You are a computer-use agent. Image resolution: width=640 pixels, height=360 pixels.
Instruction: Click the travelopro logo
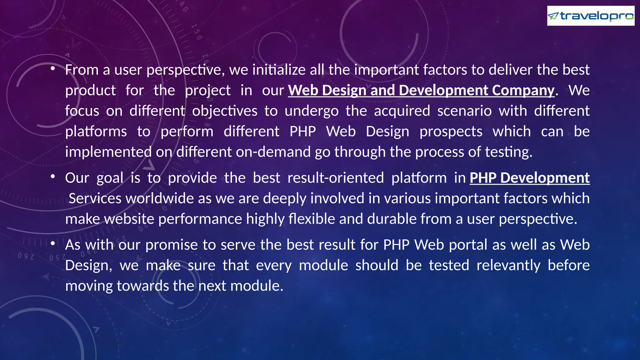(x=591, y=16)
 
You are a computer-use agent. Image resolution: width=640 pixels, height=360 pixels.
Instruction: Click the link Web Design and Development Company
(x=421, y=90)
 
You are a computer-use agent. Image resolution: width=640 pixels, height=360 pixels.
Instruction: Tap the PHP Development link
(x=529, y=178)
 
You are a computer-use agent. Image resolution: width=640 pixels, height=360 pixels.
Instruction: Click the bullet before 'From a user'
(x=53, y=68)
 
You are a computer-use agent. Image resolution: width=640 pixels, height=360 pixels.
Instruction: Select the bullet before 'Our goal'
(x=53, y=177)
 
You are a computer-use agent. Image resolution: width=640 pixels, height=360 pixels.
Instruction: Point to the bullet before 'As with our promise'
(x=53, y=243)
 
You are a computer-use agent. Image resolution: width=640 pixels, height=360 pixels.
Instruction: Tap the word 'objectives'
(x=225, y=111)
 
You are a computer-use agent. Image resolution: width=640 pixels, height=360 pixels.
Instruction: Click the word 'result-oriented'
(x=335, y=178)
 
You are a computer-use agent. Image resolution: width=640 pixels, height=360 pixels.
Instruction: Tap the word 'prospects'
(x=451, y=132)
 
